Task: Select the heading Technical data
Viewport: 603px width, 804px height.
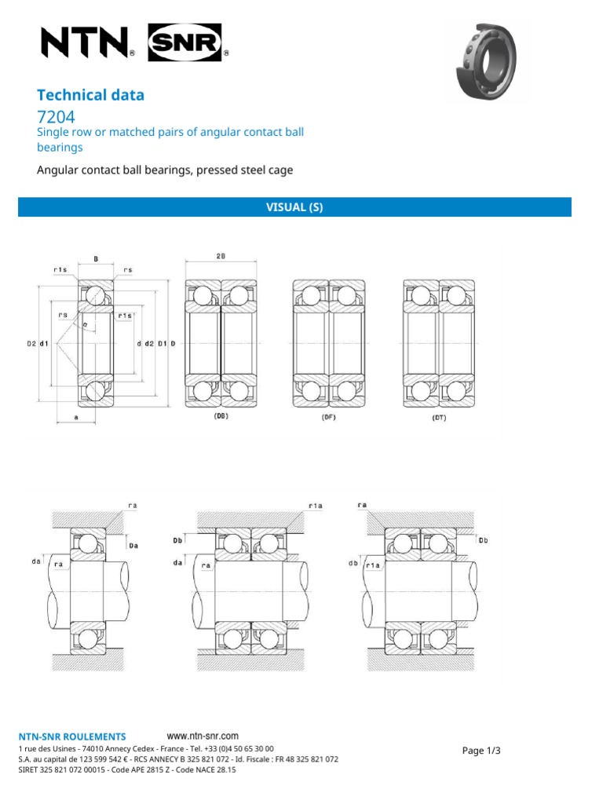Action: [x=91, y=95]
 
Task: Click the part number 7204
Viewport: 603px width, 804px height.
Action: [x=56, y=118]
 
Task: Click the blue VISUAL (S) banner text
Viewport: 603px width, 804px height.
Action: [x=295, y=207]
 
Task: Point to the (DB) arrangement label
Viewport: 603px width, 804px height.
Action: [x=221, y=418]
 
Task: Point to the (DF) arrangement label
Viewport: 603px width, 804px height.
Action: [x=328, y=418]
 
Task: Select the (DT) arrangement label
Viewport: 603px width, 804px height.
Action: [x=438, y=418]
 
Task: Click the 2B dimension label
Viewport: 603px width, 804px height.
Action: [x=221, y=256]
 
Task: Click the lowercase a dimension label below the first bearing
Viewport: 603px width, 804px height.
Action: [x=76, y=418]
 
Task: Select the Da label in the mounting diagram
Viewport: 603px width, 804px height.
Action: [x=133, y=544]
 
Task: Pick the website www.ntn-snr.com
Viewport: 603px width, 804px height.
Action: [x=203, y=736]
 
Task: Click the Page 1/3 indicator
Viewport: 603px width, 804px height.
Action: [x=481, y=751]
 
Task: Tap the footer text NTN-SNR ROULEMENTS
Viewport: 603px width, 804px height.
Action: [x=71, y=736]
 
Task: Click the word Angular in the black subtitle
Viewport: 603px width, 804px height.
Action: [x=59, y=170]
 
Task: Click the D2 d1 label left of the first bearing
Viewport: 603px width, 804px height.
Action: [x=38, y=343]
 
